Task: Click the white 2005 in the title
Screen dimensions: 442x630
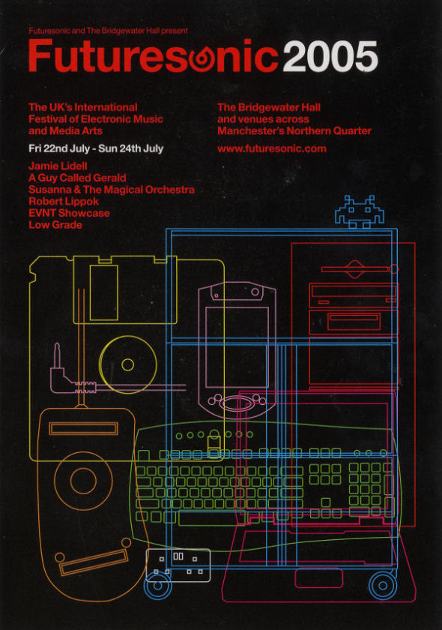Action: point(330,57)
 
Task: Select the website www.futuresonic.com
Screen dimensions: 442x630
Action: point(272,148)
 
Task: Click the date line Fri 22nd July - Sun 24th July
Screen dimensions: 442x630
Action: point(96,148)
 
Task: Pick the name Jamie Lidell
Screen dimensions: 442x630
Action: point(58,166)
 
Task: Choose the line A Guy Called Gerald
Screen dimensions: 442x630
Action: point(77,178)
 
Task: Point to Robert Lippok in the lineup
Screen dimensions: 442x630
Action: point(64,201)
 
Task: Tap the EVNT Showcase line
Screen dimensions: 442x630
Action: point(69,213)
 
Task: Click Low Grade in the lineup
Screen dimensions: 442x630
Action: point(55,224)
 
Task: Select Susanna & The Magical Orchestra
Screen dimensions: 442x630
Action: point(112,190)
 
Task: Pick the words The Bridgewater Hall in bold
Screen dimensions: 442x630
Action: point(269,107)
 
